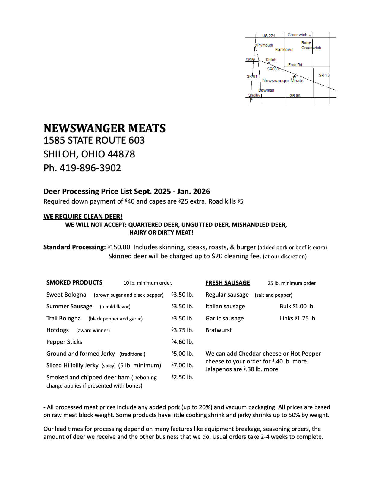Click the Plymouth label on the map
[265, 45]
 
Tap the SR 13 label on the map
[324, 75]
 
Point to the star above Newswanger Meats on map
[295, 76]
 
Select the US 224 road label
[269, 36]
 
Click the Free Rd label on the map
[295, 65]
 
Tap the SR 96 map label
[295, 95]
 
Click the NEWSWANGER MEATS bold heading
[104, 128]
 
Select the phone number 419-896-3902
[90, 168]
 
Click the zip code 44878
[121, 154]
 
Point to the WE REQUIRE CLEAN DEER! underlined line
[83, 216]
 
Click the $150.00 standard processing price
[119, 247]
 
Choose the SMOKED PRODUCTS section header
[74, 282]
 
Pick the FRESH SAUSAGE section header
[228, 283]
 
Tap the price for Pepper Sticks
[182, 342]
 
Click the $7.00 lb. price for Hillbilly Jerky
[182, 365]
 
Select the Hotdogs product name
[58, 330]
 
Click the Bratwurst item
[219, 330]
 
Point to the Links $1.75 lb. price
[298, 318]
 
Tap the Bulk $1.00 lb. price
[297, 306]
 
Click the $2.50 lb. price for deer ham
[182, 377]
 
